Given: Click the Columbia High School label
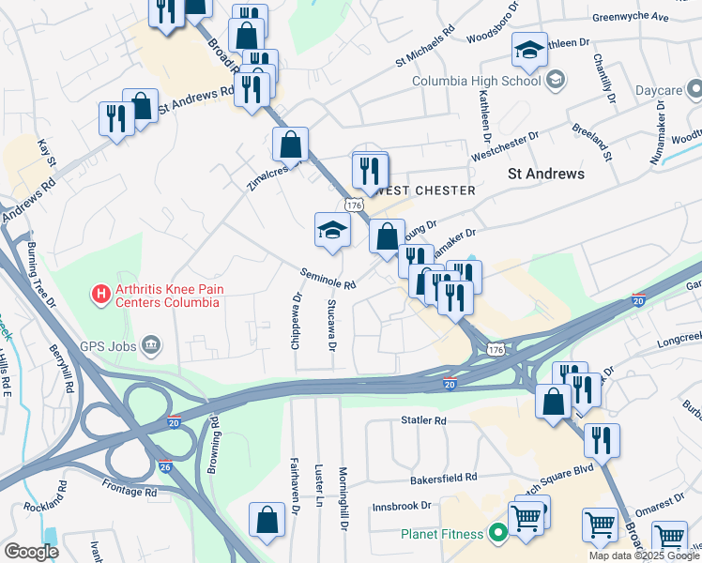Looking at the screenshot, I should [477, 81].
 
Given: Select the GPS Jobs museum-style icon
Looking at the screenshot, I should [151, 347].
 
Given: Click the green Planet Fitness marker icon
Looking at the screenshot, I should [497, 534].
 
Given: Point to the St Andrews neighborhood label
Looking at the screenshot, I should [545, 174].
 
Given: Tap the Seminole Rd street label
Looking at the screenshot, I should [328, 278].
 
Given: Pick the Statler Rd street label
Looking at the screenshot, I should [427, 421].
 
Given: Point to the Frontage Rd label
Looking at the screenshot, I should [130, 492].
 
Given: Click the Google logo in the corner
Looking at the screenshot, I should [31, 552].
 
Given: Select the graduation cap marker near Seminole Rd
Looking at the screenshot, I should [332, 230].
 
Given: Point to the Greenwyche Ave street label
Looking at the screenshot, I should [632, 17].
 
